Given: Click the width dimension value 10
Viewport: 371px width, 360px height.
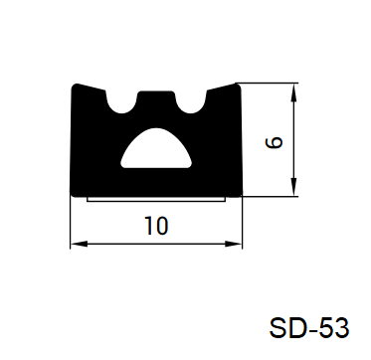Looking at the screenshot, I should coord(156,226).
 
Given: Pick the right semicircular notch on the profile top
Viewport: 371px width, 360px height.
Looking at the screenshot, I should coord(191,99).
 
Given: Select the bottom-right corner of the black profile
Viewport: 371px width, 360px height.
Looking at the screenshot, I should coord(239,190).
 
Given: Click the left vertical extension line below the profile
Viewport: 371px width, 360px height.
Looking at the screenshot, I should coord(72,224).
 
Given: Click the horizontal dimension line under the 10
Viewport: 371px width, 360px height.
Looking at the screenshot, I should coord(119,244).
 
